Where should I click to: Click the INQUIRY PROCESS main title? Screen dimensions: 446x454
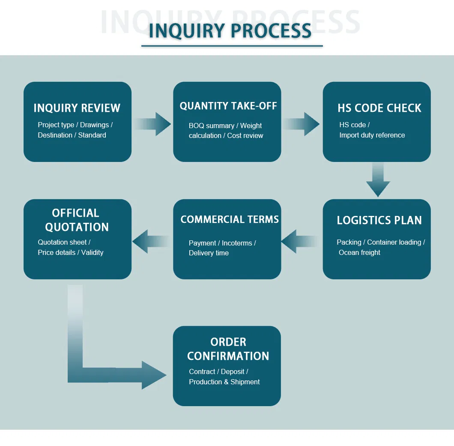230,31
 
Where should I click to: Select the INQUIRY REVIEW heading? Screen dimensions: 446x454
77,108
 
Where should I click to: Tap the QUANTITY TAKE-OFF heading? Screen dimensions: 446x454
228,106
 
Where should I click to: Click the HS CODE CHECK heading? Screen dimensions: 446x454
379,108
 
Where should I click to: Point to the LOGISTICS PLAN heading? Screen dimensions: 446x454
379,220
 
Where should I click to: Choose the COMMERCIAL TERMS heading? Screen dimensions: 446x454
230,219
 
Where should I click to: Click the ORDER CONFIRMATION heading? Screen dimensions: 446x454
228,349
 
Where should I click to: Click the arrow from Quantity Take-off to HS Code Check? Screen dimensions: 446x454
302,124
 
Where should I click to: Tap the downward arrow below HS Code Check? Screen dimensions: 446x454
378,180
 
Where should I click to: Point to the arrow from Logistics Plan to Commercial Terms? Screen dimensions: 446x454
300,241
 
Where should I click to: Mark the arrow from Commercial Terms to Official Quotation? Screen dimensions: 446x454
151,241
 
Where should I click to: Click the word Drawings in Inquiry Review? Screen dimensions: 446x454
94,125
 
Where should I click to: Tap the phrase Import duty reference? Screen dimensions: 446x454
372,135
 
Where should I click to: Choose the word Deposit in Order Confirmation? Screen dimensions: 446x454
233,371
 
